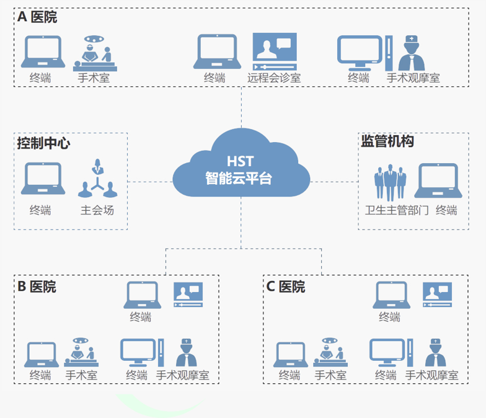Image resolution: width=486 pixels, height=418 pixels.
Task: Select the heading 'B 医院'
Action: coord(37,287)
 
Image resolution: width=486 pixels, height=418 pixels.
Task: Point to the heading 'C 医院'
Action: coord(286,287)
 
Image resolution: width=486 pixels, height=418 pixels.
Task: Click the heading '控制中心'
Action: coord(44,143)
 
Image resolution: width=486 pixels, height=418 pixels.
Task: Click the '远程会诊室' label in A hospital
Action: coord(274,78)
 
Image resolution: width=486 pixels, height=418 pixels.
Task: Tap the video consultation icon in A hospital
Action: coord(274,51)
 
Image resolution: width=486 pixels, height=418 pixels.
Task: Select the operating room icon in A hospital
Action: coord(95,51)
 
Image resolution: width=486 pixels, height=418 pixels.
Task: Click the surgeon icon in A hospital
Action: coord(410,53)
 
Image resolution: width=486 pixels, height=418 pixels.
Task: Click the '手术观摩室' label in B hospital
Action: coord(182,375)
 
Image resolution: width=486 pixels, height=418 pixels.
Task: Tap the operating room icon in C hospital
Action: coord(330,352)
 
